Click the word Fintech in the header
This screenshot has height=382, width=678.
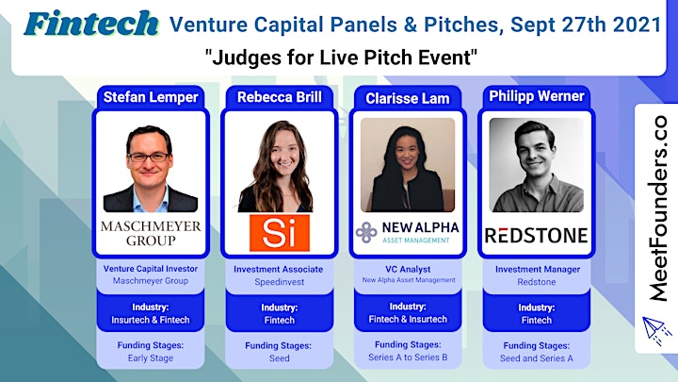click(x=91, y=24)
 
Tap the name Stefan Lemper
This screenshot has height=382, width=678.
click(x=151, y=97)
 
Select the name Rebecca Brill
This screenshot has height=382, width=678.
click(x=280, y=97)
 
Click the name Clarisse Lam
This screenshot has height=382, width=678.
click(x=408, y=98)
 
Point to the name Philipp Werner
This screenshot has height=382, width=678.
click(x=537, y=96)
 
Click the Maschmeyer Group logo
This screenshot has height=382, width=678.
click(x=151, y=233)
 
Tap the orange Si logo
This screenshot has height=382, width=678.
click(x=280, y=233)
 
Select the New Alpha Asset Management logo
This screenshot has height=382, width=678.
click(x=407, y=233)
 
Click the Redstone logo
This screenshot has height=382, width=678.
click(x=536, y=236)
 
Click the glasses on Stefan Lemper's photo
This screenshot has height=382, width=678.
click(x=149, y=157)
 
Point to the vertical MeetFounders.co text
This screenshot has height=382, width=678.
click(x=657, y=208)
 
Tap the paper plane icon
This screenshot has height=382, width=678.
click(x=656, y=330)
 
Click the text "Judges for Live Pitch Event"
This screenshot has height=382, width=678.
click(x=341, y=58)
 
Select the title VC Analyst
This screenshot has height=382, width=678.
click(x=408, y=269)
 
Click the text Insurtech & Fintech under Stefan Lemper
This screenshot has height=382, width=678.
click(x=151, y=320)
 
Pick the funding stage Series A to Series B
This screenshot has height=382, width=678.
click(x=408, y=357)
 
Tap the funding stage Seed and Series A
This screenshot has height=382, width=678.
click(x=536, y=358)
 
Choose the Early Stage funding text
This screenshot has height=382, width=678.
click(x=151, y=358)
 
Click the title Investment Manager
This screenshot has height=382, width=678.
click(x=538, y=270)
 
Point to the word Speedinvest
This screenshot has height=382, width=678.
click(x=280, y=282)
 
